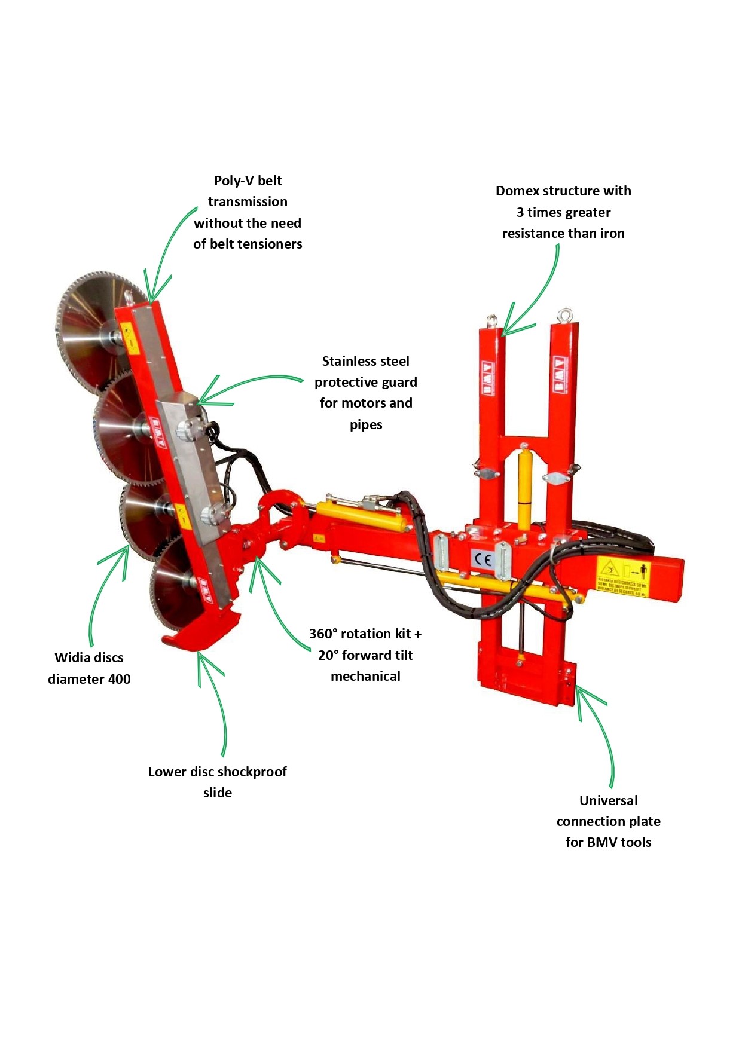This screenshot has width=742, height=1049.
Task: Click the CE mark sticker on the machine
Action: click(x=483, y=560)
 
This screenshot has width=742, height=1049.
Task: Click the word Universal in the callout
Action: click(x=608, y=800)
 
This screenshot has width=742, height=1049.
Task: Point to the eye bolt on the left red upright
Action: click(x=493, y=321)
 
